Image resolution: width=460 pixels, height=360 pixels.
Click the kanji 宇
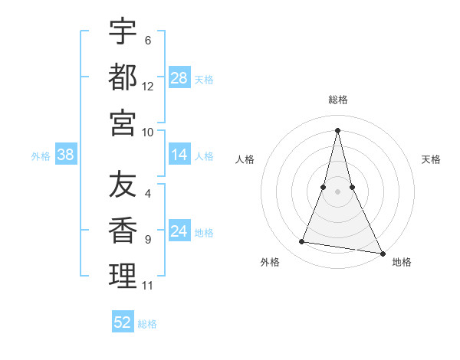coord(123,31)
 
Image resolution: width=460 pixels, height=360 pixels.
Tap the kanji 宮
coord(123,123)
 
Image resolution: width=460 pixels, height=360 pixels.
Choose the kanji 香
coord(123,231)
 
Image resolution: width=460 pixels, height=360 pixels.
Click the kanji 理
coord(123,277)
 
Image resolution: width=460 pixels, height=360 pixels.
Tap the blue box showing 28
coord(179,77)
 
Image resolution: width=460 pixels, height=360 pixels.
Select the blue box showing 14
coord(179,155)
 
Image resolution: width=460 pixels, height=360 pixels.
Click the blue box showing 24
coord(179,232)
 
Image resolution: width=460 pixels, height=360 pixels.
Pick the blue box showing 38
coord(66,155)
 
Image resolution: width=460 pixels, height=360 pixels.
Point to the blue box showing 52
coord(123,322)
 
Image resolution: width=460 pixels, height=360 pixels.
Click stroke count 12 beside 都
coord(148,87)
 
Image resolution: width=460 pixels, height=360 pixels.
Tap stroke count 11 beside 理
coord(148,286)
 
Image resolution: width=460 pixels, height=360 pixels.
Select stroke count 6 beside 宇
coord(147,41)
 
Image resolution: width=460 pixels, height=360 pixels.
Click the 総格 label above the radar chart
coord(338,100)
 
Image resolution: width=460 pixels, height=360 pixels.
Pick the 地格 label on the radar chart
coord(402,263)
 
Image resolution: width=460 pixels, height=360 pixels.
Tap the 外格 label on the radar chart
coord(270,263)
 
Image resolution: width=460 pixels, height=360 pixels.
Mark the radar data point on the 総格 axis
coord(337,129)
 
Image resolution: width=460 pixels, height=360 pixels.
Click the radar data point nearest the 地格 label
coord(382,253)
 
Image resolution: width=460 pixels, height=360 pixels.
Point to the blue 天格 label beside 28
coord(204,80)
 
